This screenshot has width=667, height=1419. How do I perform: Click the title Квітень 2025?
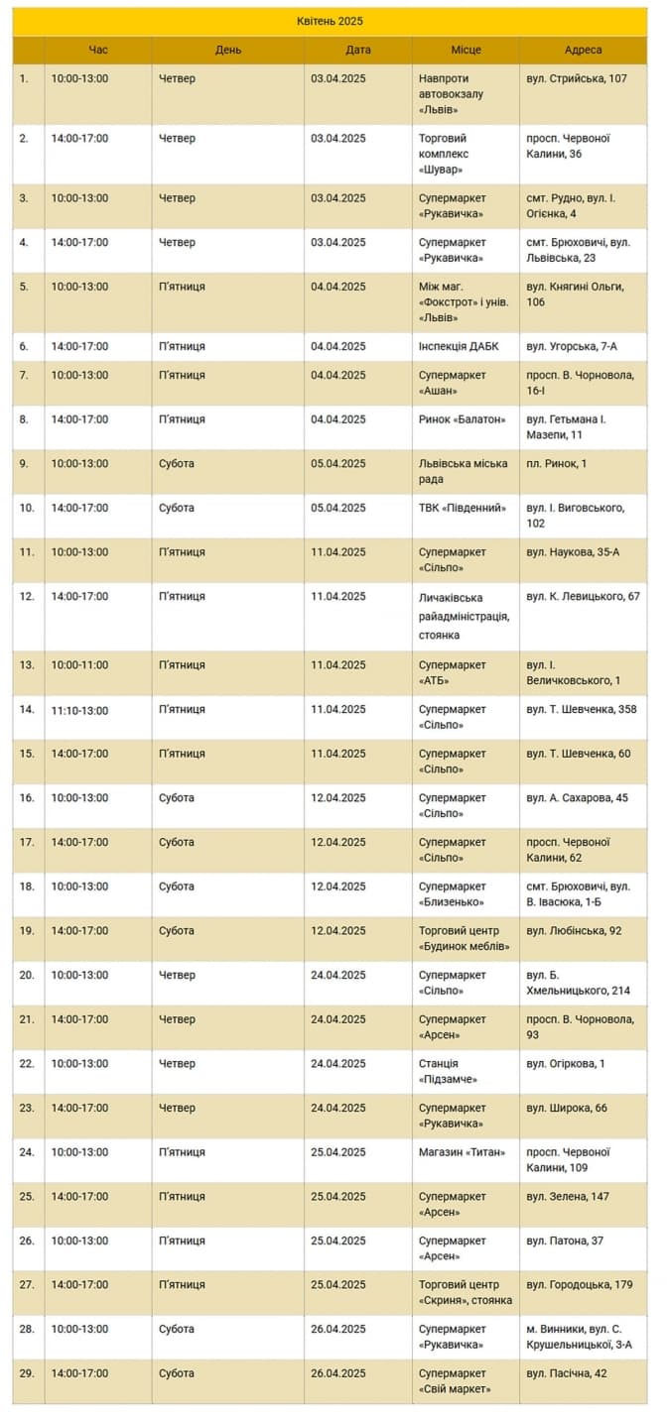point(331,21)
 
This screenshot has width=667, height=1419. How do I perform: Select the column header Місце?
point(466,50)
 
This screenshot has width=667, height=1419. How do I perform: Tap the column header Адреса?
point(583,50)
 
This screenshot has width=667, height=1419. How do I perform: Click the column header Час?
point(98,50)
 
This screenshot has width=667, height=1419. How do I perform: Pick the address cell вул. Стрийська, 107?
point(577,78)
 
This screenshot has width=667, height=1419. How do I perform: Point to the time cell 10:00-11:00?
point(80,664)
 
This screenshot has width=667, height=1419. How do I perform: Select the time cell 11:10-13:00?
point(80,709)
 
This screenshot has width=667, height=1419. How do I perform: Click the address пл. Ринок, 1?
point(557,463)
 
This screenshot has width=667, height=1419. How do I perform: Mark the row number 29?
point(26,1373)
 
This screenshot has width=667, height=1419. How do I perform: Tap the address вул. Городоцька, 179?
point(580,1284)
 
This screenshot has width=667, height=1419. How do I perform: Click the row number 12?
point(27,596)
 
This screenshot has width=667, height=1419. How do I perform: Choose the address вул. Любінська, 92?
point(575,930)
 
